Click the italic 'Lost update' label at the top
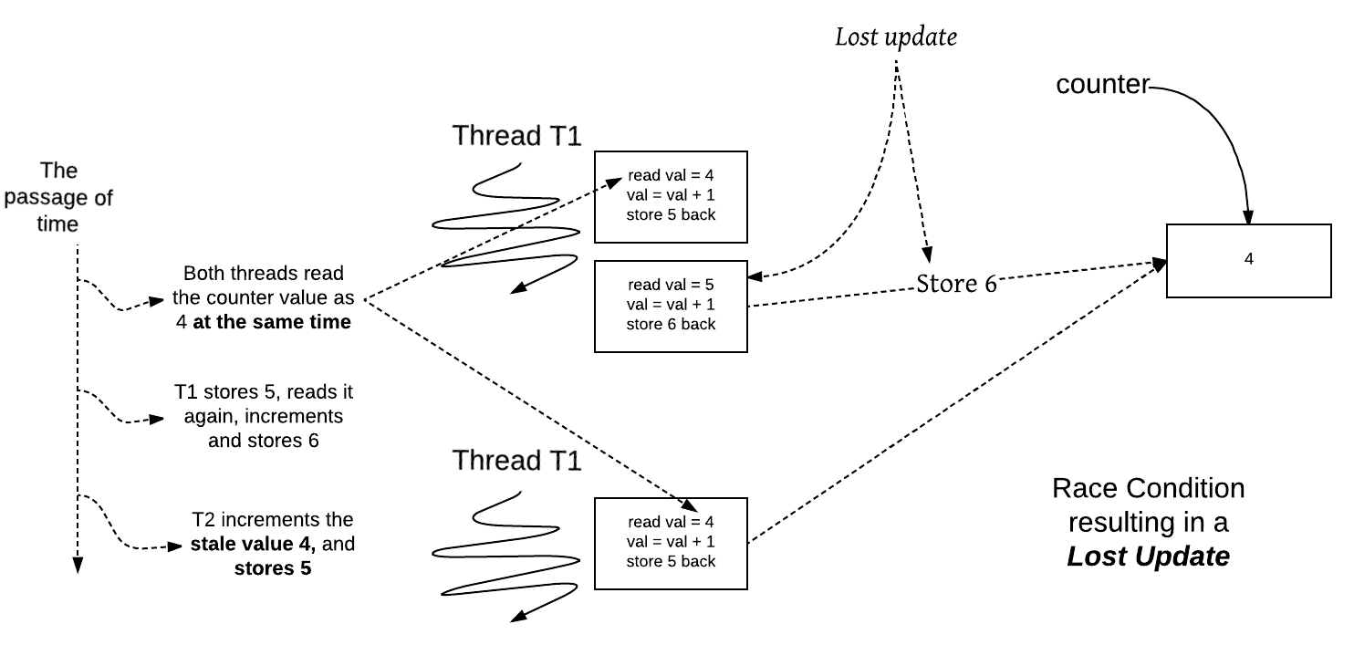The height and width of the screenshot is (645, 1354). [x=896, y=36]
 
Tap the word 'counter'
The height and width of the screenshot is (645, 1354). [x=1102, y=85]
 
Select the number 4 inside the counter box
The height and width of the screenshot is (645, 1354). [x=1248, y=259]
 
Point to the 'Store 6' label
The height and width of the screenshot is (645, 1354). [x=956, y=284]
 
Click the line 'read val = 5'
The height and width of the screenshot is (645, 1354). [x=671, y=285]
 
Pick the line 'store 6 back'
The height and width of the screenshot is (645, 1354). [x=671, y=325]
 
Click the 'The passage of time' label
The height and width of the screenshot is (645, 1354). [x=58, y=197]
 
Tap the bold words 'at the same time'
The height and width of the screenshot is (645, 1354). [x=271, y=322]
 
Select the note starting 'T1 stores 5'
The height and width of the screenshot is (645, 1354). [x=264, y=416]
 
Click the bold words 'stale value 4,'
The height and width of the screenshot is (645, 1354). [x=253, y=544]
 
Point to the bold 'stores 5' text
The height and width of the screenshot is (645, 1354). [x=273, y=569]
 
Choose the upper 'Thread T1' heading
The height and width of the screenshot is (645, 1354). [x=516, y=135]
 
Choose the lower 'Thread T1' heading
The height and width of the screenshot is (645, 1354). [x=516, y=461]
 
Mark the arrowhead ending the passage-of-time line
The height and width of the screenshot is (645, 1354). [x=78, y=566]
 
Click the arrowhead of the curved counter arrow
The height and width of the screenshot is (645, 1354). [x=1248, y=218]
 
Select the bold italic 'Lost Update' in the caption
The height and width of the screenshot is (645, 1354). [x=1148, y=557]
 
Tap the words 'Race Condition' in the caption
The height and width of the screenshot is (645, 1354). [x=1148, y=488]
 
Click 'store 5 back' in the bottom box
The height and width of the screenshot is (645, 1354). [x=671, y=562]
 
